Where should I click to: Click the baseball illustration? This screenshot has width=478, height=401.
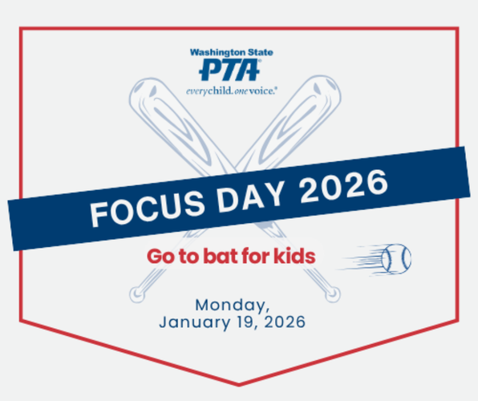[395, 258]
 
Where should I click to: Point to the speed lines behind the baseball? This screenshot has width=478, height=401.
[358, 259]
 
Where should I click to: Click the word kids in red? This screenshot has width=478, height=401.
[294, 257]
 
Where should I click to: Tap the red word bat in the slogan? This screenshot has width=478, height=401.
[220, 257]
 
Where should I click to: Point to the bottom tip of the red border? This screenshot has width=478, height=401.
[239, 383]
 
